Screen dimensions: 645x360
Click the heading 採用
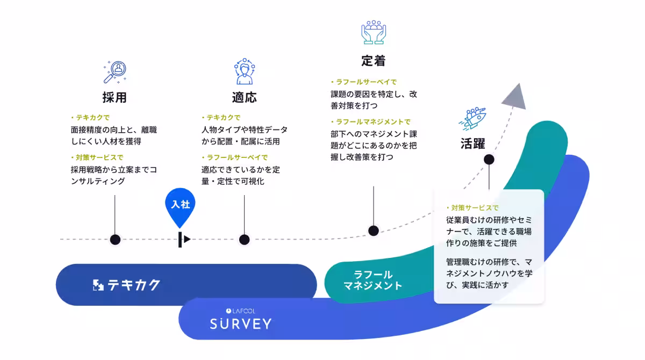point(114,98)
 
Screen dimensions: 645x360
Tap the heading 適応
point(245,98)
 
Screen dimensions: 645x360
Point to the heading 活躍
point(473,143)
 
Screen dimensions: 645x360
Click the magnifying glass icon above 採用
point(115,72)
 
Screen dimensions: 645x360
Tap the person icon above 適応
point(245,71)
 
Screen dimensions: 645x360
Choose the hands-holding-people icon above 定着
point(374,32)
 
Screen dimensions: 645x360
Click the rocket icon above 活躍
point(472,118)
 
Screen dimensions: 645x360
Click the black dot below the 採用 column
point(115,240)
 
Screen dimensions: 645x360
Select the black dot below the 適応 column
point(245,240)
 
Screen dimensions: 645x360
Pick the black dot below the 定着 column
point(374,231)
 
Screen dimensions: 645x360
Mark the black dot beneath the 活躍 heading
point(489,160)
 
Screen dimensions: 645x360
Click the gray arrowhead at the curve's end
point(515,98)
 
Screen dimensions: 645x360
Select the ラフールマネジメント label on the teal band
point(373,280)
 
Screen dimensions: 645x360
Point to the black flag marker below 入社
point(184,240)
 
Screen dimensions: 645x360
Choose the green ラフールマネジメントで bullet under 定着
point(371,122)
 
